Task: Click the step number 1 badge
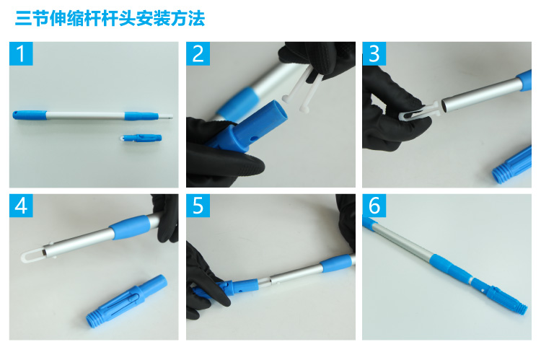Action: (21, 53)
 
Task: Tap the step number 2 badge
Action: (198, 53)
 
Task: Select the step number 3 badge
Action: (374, 53)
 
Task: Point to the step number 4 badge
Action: (21, 206)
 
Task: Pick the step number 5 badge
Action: (198, 206)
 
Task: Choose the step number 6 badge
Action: (374, 206)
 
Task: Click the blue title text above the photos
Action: (110, 18)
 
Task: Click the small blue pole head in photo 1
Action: (141, 138)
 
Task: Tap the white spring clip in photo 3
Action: (418, 111)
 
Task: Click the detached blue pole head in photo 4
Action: (127, 301)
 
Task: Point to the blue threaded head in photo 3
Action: (512, 164)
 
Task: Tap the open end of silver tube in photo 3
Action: (446, 106)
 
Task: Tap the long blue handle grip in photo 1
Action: (30, 115)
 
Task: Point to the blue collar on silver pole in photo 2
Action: (239, 104)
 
